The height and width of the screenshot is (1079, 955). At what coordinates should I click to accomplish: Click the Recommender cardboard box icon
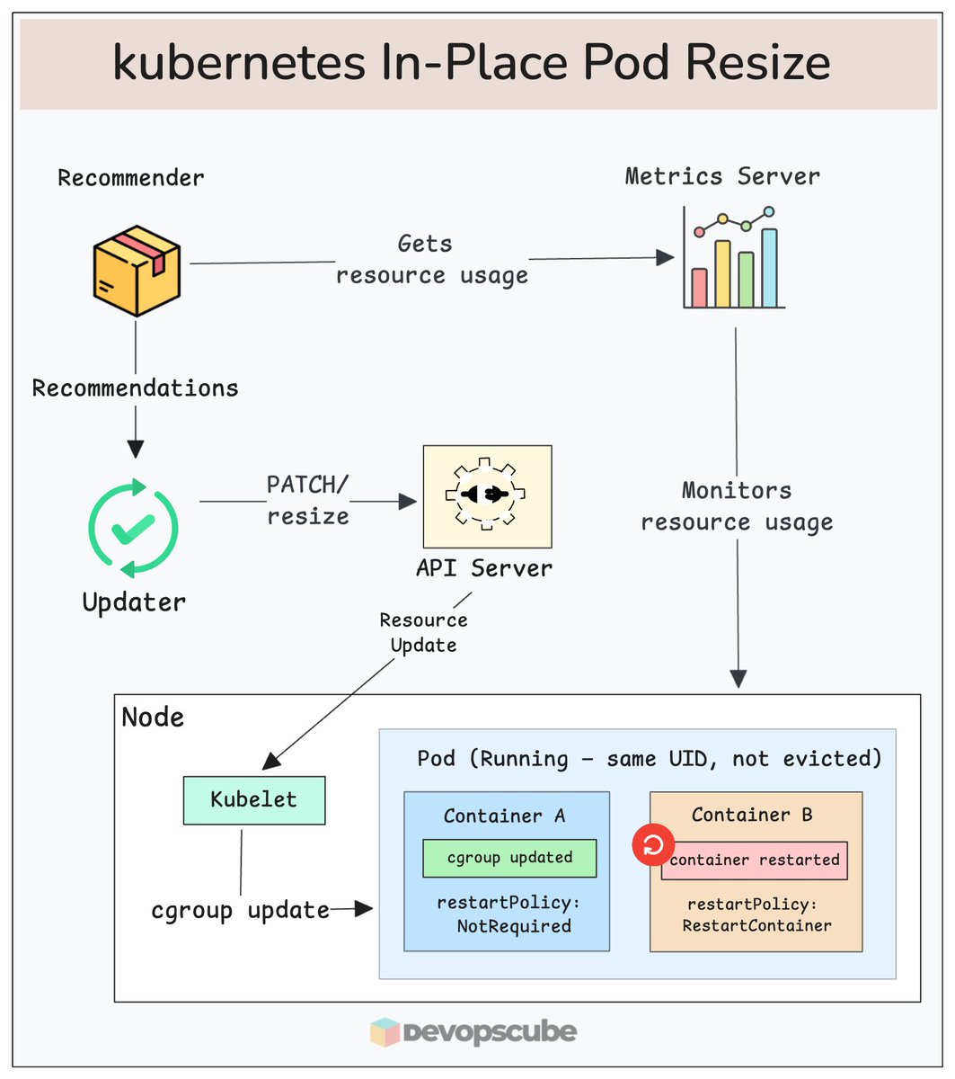pos(137,271)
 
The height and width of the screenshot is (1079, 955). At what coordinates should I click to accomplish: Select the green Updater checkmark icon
pos(133,528)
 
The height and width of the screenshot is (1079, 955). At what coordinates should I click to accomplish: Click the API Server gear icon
pos(487,495)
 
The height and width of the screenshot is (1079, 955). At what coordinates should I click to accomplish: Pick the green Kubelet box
pos(253,800)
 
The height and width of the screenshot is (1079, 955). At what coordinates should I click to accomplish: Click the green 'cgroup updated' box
pos(509,858)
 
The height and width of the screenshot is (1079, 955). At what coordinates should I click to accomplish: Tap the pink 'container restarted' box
pos(755,861)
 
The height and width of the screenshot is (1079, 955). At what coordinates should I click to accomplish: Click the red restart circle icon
pos(653,846)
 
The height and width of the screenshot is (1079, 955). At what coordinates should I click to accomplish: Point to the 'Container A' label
pos(504,816)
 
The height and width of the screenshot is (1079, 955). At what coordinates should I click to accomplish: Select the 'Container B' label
pos(752,815)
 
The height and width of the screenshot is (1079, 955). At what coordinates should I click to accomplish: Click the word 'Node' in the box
pos(153,718)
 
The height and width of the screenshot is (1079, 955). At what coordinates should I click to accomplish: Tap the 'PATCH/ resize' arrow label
pos(307,500)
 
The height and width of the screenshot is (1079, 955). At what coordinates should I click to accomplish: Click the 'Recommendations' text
pos(136,388)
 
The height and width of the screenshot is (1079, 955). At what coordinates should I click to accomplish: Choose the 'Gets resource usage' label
pos(431,260)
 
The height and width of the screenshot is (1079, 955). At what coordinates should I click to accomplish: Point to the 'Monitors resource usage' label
pos(737,506)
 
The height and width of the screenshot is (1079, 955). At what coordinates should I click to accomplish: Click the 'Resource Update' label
pos(423,632)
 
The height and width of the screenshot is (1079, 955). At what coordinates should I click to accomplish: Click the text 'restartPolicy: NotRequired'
pos(504,914)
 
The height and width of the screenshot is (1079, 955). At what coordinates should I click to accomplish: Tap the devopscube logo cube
pos(385,1032)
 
